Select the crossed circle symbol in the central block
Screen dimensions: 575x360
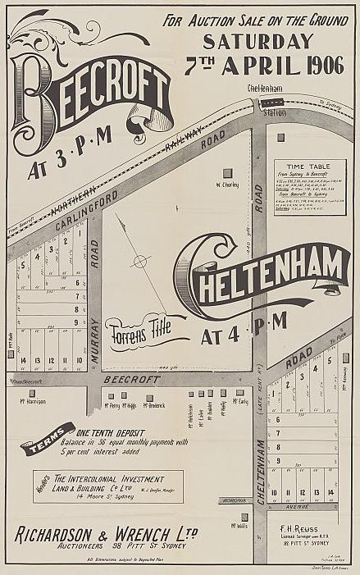pyautogui.click(x=141, y=261)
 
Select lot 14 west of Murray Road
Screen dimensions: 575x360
pyautogui.click(x=25, y=360)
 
